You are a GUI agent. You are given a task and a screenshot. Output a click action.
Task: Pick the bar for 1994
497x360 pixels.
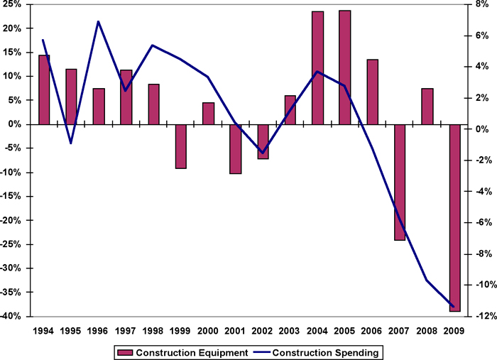click(44, 89)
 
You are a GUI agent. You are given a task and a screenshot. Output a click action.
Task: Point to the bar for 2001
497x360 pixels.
click(236, 149)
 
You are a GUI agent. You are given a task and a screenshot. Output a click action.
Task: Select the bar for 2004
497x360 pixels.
click(317, 68)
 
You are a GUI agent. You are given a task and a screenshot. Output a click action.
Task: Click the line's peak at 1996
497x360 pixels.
click(99, 22)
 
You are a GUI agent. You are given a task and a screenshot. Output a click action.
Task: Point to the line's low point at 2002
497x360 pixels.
click(263, 153)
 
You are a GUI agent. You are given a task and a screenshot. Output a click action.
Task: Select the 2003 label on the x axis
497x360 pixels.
click(290, 329)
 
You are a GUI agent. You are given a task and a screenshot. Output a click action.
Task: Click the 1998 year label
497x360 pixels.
click(153, 329)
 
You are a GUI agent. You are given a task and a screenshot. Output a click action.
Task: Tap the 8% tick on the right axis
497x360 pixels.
click(480, 4)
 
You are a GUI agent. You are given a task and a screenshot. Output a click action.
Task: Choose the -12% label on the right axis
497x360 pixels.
click(477, 316)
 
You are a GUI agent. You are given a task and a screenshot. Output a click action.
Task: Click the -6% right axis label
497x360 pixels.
click(479, 222)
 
